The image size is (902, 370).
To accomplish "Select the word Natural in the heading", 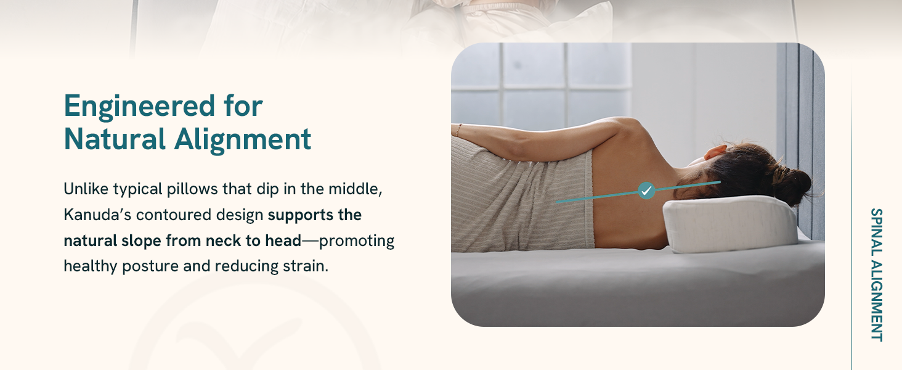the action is click(x=115, y=139).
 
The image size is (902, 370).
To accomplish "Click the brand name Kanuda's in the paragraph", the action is click(x=97, y=215).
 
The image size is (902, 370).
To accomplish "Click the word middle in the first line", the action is click(x=355, y=189).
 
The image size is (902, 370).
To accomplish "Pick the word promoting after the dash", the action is click(x=356, y=241).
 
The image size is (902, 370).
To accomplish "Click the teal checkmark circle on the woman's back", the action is click(x=646, y=190).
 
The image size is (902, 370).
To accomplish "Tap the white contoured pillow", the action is click(x=729, y=224).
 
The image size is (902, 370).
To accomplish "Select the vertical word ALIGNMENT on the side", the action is click(x=877, y=301).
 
